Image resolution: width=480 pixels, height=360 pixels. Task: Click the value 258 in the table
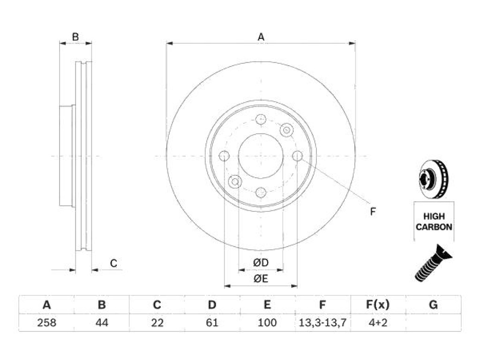click(46, 322)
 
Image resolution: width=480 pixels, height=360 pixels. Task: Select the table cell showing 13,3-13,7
click(322, 322)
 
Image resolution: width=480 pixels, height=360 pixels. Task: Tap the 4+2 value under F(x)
click(378, 322)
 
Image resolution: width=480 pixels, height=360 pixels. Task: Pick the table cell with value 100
click(267, 322)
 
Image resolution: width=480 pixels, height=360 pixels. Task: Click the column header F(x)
click(378, 305)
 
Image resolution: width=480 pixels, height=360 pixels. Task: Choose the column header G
click(433, 305)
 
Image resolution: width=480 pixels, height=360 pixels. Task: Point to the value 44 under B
click(102, 322)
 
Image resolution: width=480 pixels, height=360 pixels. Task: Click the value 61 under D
click(212, 322)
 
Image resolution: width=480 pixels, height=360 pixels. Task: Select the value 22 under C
click(157, 322)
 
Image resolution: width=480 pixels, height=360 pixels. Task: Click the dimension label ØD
click(261, 262)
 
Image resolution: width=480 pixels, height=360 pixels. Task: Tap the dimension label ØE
click(261, 278)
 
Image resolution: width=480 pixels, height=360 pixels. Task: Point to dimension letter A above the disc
click(261, 37)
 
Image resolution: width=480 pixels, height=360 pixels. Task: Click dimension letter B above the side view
click(75, 37)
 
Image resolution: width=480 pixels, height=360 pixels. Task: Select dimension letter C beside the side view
click(113, 263)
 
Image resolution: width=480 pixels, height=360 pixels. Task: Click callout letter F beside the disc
click(373, 211)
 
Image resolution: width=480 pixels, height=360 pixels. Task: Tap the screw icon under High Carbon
click(433, 263)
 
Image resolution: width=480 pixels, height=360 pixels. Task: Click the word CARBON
click(434, 227)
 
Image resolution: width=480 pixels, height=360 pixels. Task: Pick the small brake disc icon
click(433, 179)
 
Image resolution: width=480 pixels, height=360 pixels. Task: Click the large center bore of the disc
click(261, 156)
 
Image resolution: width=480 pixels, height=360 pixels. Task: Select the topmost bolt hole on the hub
click(261, 120)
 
